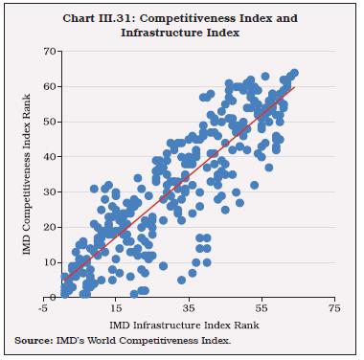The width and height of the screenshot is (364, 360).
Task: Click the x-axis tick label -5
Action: pos(43,309)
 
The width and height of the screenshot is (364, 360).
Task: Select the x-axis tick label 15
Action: pos(116,309)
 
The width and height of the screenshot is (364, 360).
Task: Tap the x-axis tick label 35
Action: pos(189,309)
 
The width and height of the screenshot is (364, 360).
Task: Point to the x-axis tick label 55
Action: pos(262,309)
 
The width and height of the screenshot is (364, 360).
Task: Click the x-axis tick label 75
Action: pos(333,309)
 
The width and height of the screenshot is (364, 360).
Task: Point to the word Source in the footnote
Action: pos(33,342)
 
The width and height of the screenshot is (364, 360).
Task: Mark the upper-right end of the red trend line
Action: pos(295,87)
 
